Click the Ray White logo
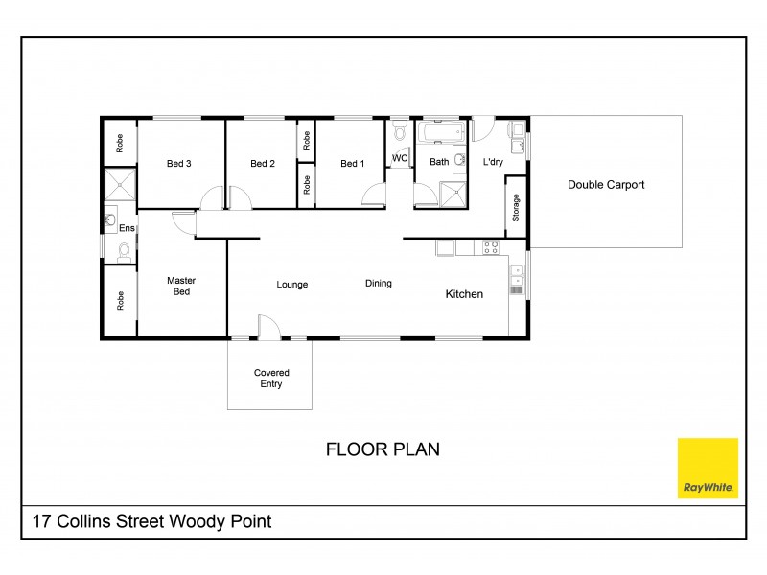click(708, 469)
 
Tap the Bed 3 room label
click(179, 164)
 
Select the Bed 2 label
click(263, 164)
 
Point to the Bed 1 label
click(353, 164)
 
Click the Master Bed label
click(181, 287)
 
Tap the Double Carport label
click(606, 185)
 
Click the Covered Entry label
click(270, 379)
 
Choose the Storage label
click(516, 208)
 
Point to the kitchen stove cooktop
click(491, 247)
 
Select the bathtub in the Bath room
click(440, 130)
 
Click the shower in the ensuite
click(120, 186)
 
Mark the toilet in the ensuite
click(122, 252)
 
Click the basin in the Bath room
click(459, 159)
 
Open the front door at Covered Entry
click(269, 328)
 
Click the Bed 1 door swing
click(374, 196)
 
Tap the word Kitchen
click(464, 294)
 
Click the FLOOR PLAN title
click(383, 448)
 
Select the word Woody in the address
click(192, 522)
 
